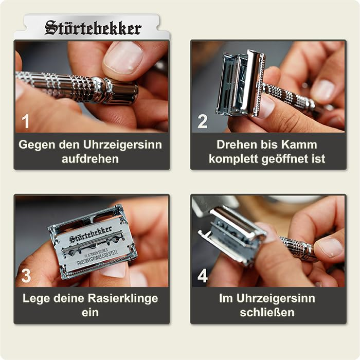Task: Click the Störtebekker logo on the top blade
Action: pos(93,28)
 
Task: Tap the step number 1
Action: pos(26,121)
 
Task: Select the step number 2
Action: pos(203,121)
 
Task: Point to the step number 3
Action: pos(26,276)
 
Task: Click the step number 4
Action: pos(203,276)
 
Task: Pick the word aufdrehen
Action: pos(90,159)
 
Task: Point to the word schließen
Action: pos(267,313)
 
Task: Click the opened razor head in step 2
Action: pos(239,82)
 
